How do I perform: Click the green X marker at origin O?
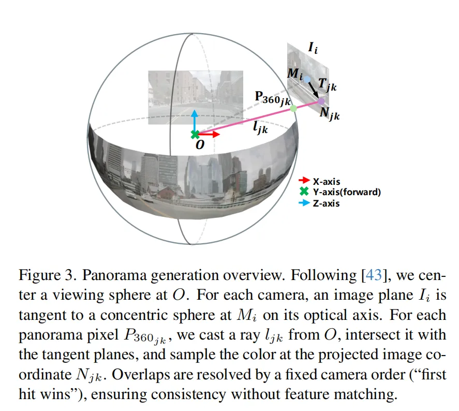click(195, 135)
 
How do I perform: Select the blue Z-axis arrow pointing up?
click(195, 118)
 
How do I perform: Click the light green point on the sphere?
click(293, 108)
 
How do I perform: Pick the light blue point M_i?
click(307, 79)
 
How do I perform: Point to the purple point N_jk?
click(321, 101)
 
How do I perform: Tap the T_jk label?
click(328, 85)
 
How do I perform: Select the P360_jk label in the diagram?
click(272, 98)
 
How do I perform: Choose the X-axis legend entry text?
click(326, 181)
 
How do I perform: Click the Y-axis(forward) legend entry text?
click(346, 192)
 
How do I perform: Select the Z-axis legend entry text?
click(326, 203)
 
